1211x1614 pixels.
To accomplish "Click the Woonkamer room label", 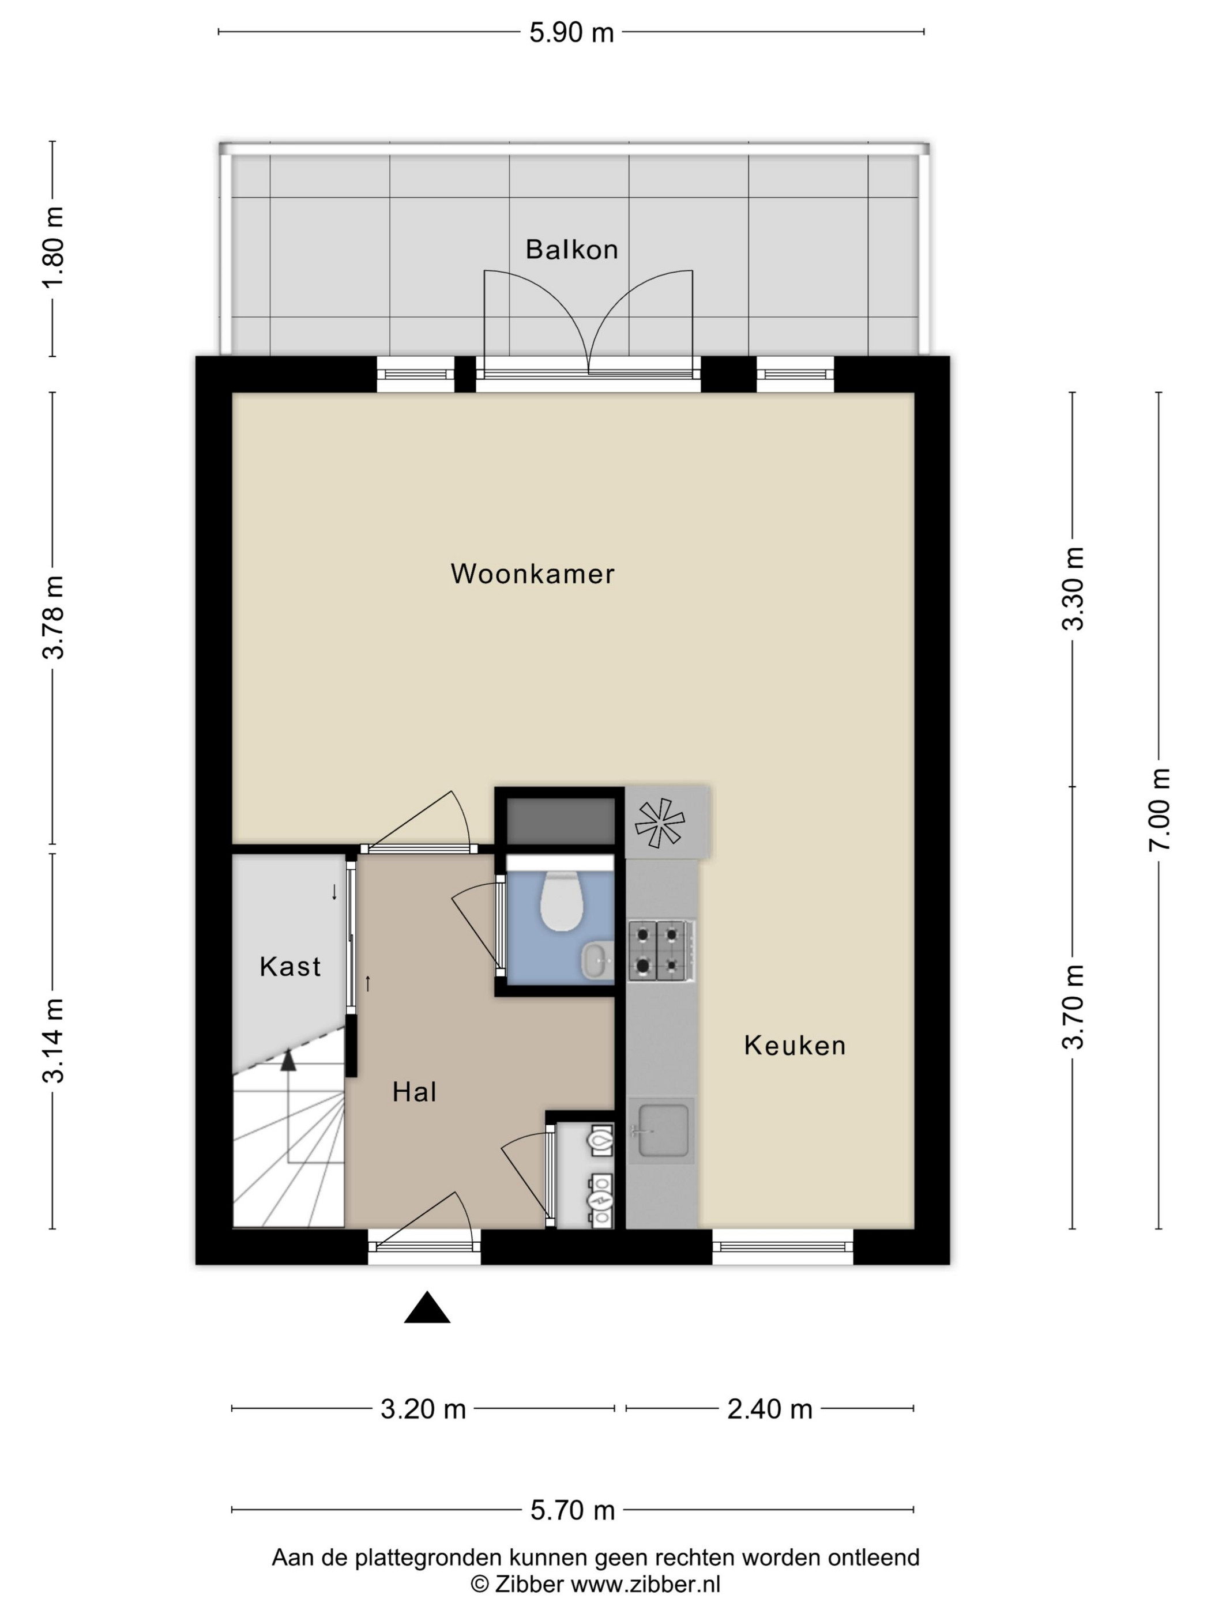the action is click(x=532, y=574).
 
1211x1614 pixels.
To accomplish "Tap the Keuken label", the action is click(x=795, y=1046).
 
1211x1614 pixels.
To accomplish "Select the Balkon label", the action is click(x=571, y=250).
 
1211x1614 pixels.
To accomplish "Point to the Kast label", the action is click(x=290, y=967).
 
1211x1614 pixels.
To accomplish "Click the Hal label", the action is click(x=415, y=1092).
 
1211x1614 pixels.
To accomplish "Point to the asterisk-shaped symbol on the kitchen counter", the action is click(x=660, y=823).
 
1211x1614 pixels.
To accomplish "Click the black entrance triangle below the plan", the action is click(x=427, y=1307).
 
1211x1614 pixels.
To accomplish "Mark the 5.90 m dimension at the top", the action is click(x=571, y=33).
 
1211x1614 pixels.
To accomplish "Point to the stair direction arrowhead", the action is click(x=289, y=1059).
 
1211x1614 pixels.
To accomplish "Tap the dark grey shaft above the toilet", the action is click(x=561, y=821).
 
